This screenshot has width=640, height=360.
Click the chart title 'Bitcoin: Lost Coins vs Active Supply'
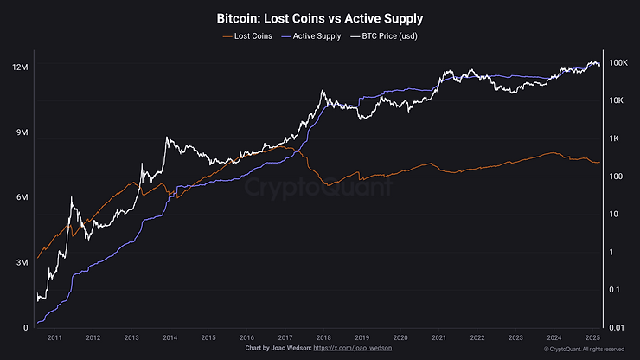319,17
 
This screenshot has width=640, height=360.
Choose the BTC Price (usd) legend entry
387,35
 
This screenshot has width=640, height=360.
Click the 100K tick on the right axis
618,63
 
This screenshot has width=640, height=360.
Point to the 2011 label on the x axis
54,337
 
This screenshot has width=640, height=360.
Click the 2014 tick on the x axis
170,337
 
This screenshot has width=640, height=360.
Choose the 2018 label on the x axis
323,337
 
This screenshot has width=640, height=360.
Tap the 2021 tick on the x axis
438,337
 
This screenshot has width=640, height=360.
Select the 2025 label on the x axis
592,337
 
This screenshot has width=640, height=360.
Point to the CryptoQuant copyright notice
584,349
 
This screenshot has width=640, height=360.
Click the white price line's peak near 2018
323,90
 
